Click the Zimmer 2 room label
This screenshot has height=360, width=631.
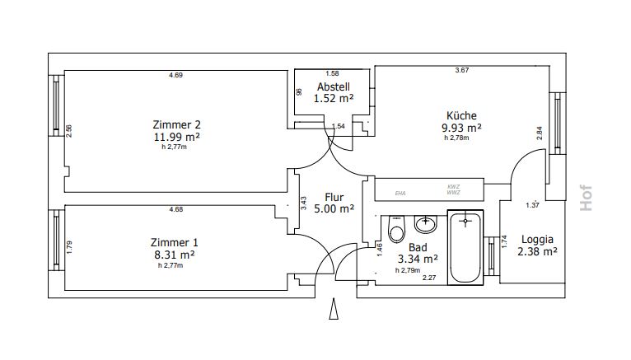[x=176, y=124]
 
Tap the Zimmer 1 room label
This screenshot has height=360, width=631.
[x=175, y=242]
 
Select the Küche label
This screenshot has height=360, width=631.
[x=461, y=115]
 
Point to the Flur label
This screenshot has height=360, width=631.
[x=334, y=197]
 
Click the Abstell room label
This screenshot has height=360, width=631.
[x=333, y=86]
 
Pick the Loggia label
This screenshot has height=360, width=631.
[x=537, y=240]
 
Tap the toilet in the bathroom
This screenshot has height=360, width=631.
[x=396, y=229]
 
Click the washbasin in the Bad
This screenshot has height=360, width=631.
[x=425, y=224]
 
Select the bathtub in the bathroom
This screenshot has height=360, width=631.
[x=465, y=247]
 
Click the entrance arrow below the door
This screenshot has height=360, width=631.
[x=334, y=309]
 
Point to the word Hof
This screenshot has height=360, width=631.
[x=586, y=198]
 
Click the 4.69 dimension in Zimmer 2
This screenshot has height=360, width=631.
[x=175, y=75]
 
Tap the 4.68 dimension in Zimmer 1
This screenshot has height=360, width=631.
[x=175, y=209]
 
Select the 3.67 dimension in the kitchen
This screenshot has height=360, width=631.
[x=462, y=70]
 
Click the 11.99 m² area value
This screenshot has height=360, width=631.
[x=176, y=137]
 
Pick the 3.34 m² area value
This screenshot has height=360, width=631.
[x=418, y=259]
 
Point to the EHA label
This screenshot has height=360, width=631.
[x=400, y=194]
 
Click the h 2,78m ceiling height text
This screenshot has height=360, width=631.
[x=456, y=138]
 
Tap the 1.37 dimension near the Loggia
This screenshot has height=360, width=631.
[x=532, y=205]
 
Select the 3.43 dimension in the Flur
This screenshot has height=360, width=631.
[x=304, y=203]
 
